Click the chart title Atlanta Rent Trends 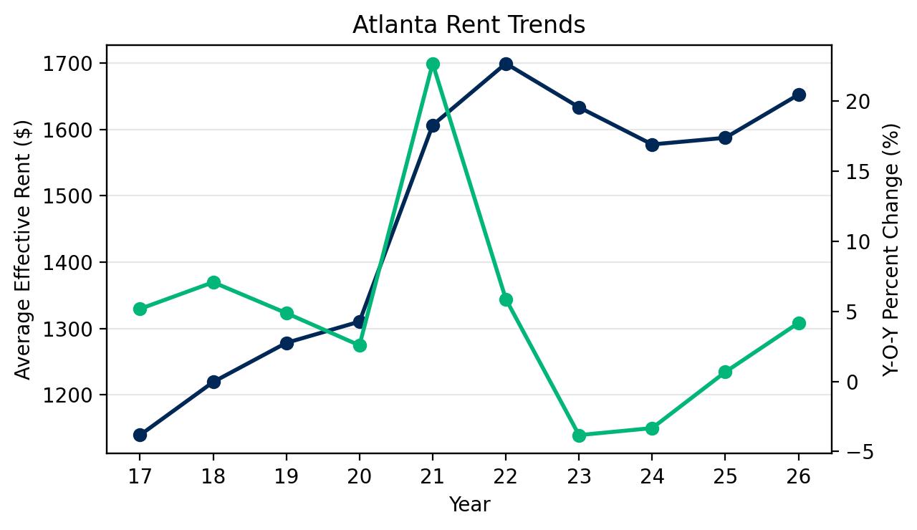click(469, 25)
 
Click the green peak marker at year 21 click(433, 64)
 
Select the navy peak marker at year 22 click(506, 64)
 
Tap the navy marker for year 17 click(140, 435)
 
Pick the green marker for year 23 click(580, 435)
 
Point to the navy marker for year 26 click(800, 95)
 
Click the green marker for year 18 click(213, 282)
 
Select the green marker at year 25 click(725, 372)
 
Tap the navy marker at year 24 click(652, 145)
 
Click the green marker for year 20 click(360, 345)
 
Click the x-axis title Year click(469, 505)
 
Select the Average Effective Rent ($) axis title click(24, 249)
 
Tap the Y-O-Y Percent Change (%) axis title click(890, 249)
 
